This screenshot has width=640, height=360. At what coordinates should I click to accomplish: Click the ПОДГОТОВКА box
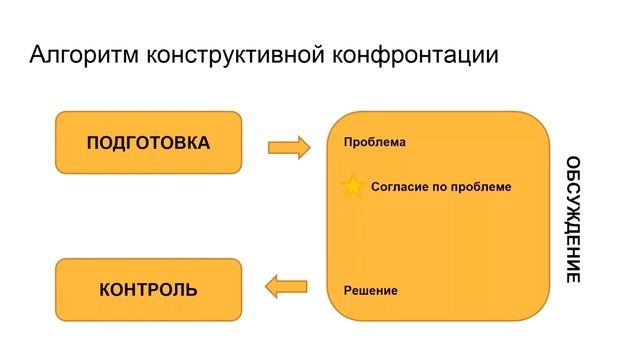tap(148, 143)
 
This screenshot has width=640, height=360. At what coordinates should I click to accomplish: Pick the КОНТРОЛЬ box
tap(148, 290)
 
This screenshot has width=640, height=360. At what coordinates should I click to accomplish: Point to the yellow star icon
tap(353, 187)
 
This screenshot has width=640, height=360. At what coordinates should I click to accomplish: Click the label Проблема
tap(374, 142)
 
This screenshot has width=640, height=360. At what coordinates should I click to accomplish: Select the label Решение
tap(370, 290)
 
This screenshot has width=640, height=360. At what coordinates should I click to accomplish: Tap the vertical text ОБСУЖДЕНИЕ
tap(573, 219)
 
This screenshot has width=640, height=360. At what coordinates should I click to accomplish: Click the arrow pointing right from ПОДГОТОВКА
tap(289, 148)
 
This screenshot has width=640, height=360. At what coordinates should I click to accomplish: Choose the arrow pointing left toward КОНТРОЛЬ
tap(286, 288)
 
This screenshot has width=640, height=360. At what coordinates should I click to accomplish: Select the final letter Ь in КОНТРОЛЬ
tap(192, 290)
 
